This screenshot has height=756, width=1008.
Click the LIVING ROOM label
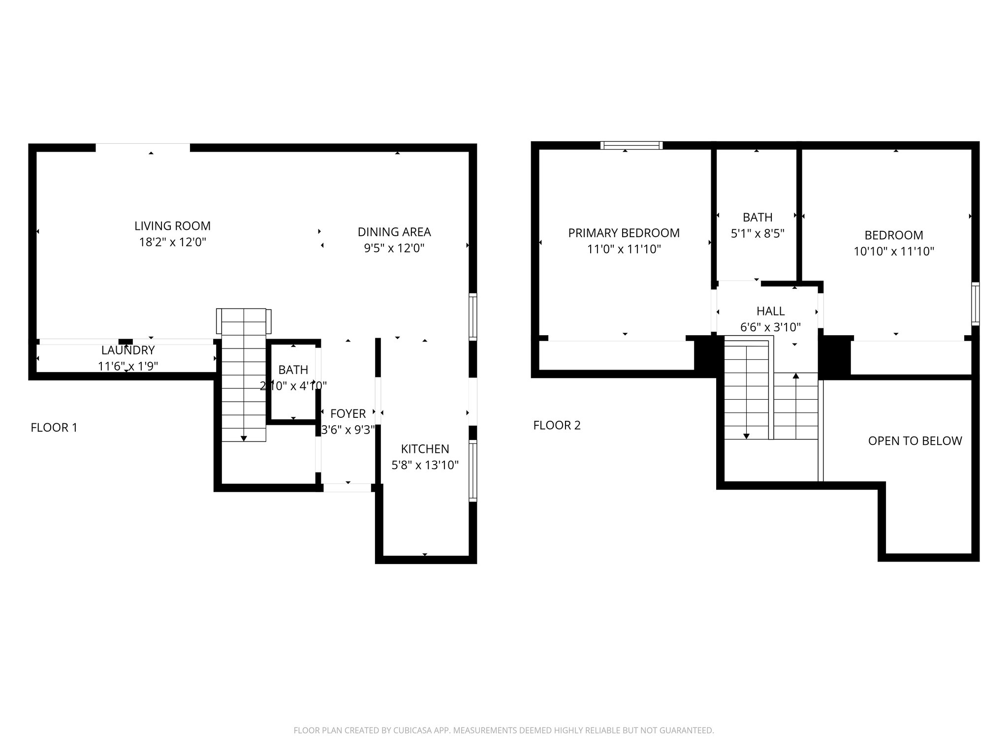[x=172, y=226]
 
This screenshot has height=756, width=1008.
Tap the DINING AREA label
[x=394, y=232]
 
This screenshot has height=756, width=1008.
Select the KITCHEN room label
[x=425, y=449]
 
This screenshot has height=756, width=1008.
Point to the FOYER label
[x=348, y=413]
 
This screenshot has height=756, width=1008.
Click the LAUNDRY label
[x=128, y=350]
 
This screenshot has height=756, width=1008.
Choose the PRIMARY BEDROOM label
[x=624, y=233]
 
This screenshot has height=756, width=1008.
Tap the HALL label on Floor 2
[x=771, y=311]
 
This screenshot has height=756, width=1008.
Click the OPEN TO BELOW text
[x=915, y=441]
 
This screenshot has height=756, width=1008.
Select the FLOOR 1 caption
[x=54, y=428]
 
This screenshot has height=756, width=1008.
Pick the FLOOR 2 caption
[x=557, y=425]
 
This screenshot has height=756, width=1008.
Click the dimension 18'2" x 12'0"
[x=172, y=242]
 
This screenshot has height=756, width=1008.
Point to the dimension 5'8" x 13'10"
[x=425, y=465]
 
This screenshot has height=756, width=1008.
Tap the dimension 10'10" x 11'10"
[x=894, y=252]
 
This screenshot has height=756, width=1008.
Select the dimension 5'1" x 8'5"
[x=757, y=233]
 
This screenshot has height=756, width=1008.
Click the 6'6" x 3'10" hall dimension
[x=771, y=327]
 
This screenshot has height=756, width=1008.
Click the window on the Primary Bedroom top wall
[x=631, y=145]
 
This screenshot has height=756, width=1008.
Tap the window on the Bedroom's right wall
[x=975, y=304]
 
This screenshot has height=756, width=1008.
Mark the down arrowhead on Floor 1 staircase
[x=244, y=438]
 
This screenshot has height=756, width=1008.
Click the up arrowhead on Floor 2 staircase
[x=796, y=376]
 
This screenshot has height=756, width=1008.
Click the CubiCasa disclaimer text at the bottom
[x=504, y=730]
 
